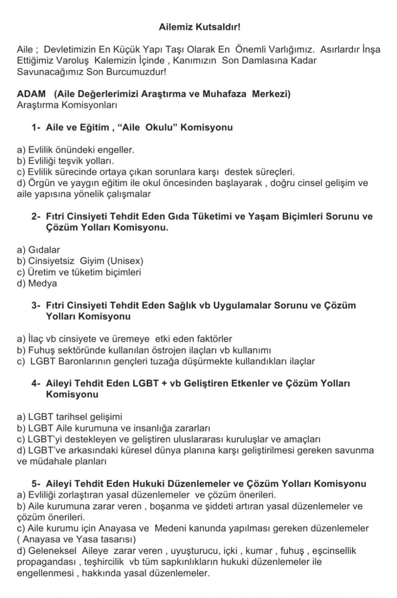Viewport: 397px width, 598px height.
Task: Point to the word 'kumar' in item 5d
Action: click(259, 551)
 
